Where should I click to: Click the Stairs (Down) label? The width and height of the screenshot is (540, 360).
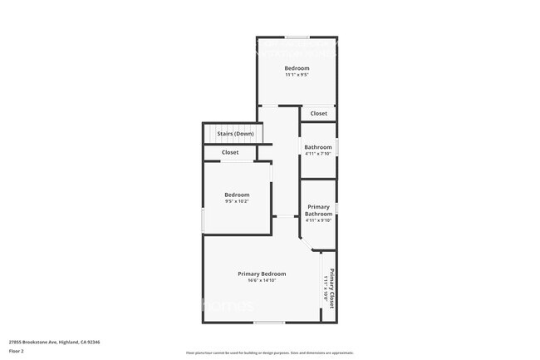235,134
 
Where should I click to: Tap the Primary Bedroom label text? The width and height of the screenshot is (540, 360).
262,274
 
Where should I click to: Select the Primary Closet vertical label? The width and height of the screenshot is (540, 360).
331,288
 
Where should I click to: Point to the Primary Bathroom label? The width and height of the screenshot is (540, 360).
318,210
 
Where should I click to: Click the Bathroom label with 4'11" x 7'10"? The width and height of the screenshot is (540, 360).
318,147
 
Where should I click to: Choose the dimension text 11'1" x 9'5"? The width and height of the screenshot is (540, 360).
297,75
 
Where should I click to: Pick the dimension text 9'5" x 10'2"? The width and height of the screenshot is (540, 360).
237,201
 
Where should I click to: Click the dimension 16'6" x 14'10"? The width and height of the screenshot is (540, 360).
262,280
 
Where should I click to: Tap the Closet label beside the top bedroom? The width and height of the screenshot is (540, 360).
318,114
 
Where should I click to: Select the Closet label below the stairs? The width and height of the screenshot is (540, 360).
230,152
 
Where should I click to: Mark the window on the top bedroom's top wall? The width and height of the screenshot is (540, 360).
297,37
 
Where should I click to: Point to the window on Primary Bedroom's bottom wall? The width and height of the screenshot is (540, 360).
269,323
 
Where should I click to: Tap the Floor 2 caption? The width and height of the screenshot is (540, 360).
17,351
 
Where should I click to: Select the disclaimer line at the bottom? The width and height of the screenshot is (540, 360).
269,353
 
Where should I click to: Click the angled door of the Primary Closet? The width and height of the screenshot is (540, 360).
307,245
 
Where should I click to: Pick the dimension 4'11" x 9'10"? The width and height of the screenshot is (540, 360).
318,220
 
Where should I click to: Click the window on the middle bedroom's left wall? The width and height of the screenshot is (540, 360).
204,220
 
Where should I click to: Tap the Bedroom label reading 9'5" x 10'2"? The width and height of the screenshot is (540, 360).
237,195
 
